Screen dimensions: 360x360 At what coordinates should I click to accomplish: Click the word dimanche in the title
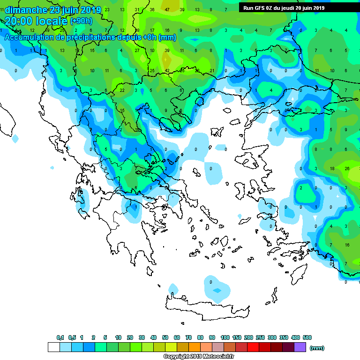click(25, 10)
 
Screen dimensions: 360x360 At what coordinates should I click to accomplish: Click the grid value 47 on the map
click(167, 10)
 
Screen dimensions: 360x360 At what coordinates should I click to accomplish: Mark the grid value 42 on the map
click(167, 70)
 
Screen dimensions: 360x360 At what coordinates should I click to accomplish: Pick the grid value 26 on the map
click(347, 168)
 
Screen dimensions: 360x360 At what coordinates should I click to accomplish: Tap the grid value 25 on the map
click(152, 70)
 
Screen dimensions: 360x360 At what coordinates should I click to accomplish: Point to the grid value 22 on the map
click(122, 90)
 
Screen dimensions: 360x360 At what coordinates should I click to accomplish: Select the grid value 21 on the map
click(212, 70)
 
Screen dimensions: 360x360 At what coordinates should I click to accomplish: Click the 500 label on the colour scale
click(307, 337)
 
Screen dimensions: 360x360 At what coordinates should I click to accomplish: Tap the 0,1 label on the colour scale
click(60, 337)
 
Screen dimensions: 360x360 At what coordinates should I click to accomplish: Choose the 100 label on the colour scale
click(225, 337)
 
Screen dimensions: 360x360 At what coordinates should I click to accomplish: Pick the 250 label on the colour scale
click(260, 337)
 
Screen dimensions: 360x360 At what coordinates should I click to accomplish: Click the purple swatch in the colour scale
click(300, 347)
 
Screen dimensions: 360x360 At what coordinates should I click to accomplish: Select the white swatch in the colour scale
click(53, 347)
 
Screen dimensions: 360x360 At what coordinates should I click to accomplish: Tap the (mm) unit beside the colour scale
click(317, 348)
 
